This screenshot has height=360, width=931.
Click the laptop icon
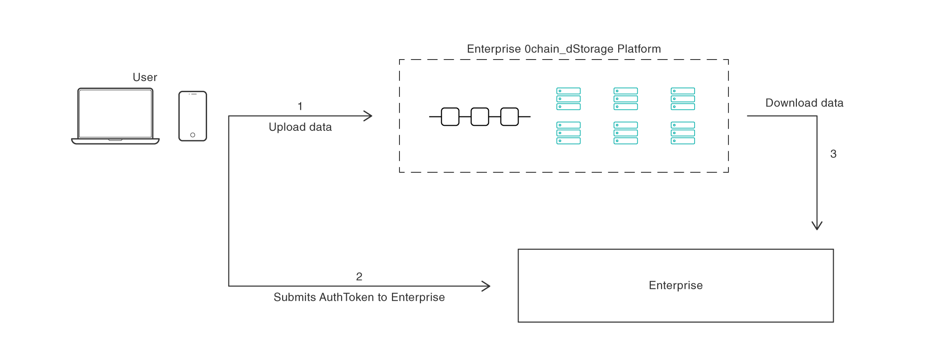tap(115, 115)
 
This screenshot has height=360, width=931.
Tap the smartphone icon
tap(192, 116)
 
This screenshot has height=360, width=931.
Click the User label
tap(145, 77)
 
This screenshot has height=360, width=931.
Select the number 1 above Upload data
tap(300, 107)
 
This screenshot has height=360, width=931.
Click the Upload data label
tap(300, 127)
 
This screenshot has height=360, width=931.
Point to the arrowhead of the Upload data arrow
tap(369, 116)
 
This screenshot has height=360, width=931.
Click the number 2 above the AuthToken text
tap(359, 277)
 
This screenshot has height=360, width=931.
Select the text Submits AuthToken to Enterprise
tap(359, 298)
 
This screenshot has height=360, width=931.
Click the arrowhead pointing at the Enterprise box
tap(486, 286)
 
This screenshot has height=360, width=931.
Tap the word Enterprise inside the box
tap(675, 285)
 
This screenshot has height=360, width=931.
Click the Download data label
tap(804, 103)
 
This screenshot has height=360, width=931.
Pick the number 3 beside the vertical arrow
tap(833, 154)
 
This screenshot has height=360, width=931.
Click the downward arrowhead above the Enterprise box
tap(817, 226)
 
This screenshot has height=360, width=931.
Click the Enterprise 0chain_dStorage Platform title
tap(564, 49)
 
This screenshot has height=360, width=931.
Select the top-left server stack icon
tap(568, 99)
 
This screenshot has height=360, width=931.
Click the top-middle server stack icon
tap(626, 99)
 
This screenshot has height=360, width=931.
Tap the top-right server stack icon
tap(683, 99)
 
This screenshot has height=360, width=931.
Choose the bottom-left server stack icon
tap(568, 133)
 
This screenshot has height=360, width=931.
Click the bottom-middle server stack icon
tap(626, 133)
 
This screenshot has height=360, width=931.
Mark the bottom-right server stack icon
tap(683, 133)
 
